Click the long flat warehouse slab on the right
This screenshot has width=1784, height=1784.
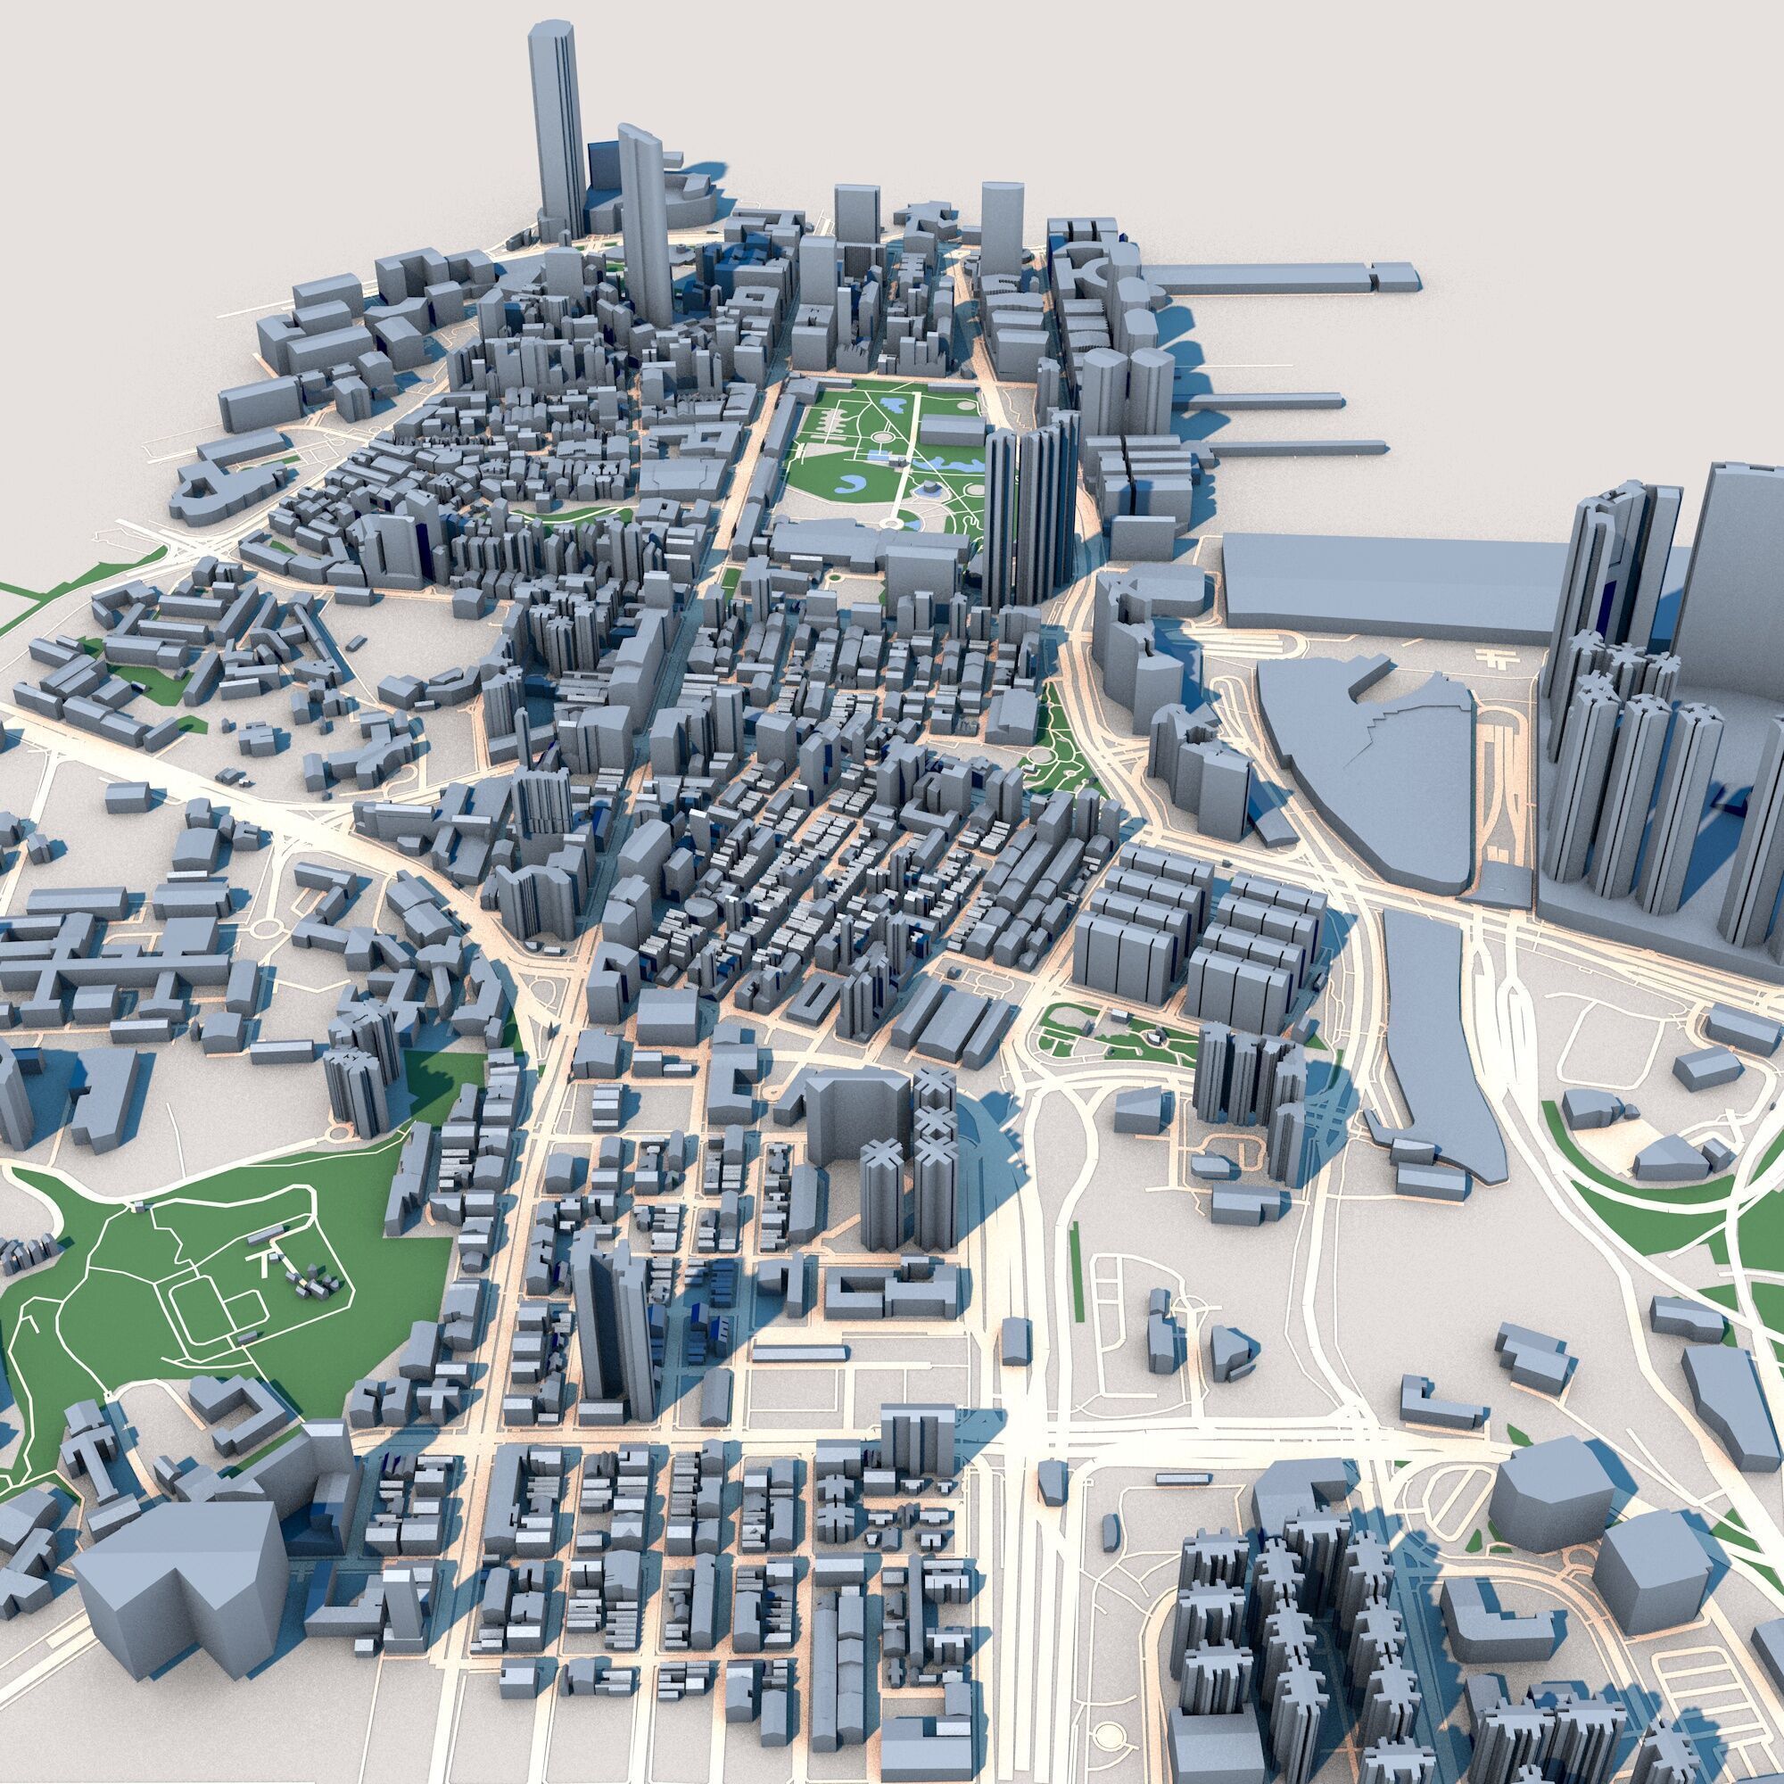pos(1385,582)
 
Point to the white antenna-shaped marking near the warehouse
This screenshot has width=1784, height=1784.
pos(1490,658)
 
